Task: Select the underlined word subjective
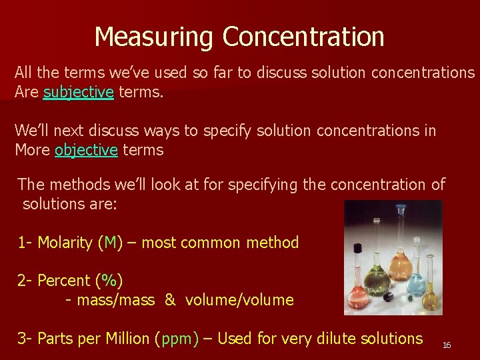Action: pyautogui.click(x=78, y=93)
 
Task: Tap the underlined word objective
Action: pyautogui.click(x=86, y=150)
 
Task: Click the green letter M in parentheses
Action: pyautogui.click(x=109, y=243)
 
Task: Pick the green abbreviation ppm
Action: pyautogui.click(x=177, y=339)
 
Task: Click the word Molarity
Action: pyautogui.click(x=65, y=243)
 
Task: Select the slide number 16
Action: pyautogui.click(x=447, y=345)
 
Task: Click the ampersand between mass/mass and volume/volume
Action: pyautogui.click(x=170, y=300)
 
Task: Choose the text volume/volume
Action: pyautogui.click(x=239, y=300)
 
